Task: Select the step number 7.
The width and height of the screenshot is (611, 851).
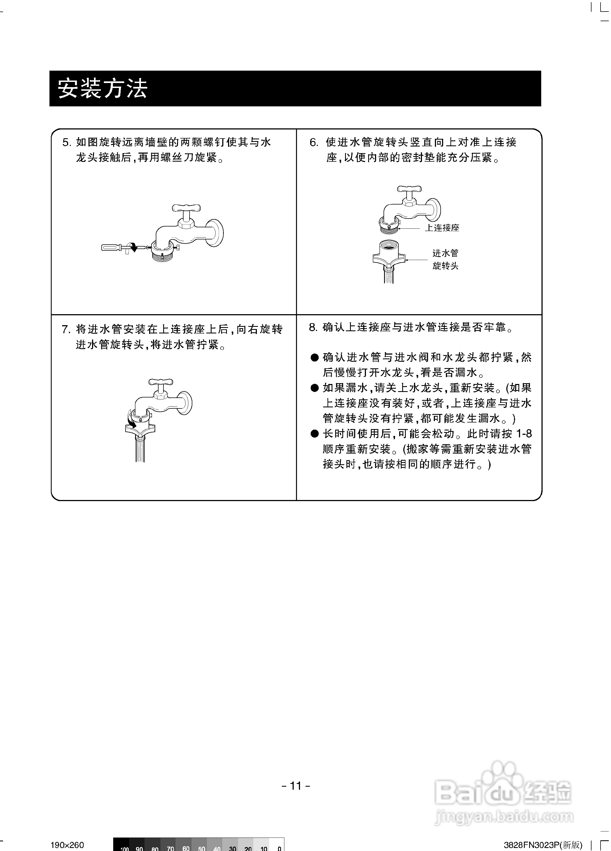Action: click(x=66, y=330)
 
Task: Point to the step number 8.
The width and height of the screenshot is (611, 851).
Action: click(x=313, y=328)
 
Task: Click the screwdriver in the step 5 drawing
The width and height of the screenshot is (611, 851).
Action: click(x=113, y=247)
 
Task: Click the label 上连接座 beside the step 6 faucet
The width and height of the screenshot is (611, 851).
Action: click(x=442, y=228)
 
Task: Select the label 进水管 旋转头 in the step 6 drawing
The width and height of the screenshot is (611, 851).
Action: click(x=445, y=259)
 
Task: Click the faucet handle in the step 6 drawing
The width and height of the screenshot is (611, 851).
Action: click(x=409, y=189)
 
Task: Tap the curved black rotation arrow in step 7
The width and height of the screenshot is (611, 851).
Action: click(x=131, y=422)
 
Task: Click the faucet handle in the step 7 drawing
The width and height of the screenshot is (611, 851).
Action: click(x=160, y=382)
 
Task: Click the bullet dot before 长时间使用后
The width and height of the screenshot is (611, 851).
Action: click(x=314, y=434)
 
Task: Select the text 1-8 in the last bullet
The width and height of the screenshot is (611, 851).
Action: click(x=524, y=434)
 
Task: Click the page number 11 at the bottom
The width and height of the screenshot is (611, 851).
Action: click(x=296, y=785)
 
